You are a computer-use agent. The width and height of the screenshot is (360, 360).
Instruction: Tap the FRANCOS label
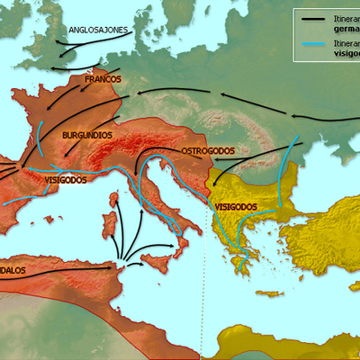point(103,80)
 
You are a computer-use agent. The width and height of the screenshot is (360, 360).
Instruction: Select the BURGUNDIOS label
point(86,135)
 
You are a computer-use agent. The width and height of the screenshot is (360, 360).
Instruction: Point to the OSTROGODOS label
point(209,150)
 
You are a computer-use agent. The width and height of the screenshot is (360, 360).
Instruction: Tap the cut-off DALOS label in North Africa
point(16,268)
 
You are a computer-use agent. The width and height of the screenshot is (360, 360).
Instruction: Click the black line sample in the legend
point(315,18)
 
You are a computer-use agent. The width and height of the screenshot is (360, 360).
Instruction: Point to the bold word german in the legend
point(345,27)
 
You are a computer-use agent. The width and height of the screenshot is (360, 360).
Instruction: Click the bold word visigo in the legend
point(346,52)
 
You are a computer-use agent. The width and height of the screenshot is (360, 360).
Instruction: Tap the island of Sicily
point(158,262)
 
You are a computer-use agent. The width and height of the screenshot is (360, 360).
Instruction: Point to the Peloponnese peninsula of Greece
point(241,265)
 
